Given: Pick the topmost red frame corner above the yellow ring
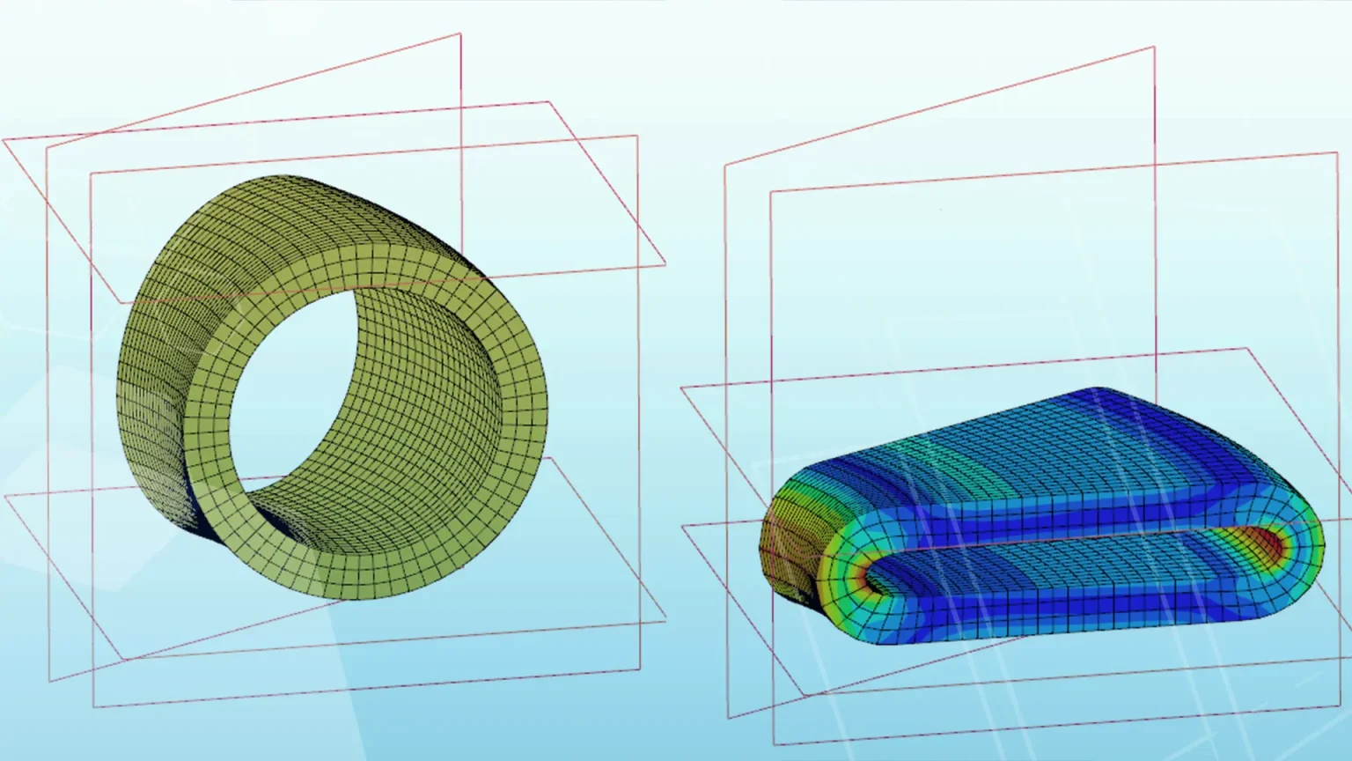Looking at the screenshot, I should tap(460, 34).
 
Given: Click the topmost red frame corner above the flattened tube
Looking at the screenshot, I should tap(1154, 48).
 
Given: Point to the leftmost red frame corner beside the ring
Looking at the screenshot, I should tap(4, 140).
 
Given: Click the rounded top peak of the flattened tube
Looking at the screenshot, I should tap(1100, 391).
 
